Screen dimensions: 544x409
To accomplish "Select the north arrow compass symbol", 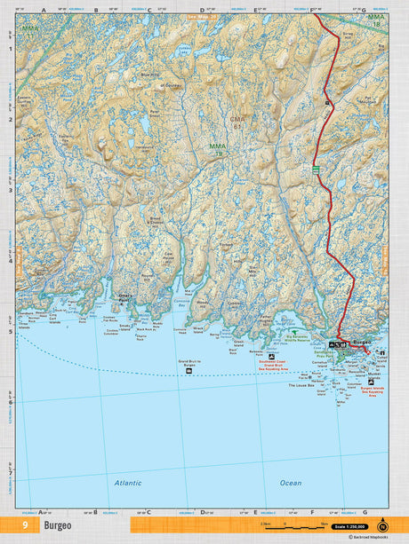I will click(x=383, y=524).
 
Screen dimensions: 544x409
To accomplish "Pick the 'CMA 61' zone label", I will click(x=237, y=122).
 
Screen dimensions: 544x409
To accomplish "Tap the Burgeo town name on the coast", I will click(x=360, y=342).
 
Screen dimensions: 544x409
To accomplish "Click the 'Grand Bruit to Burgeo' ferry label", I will click(x=191, y=362).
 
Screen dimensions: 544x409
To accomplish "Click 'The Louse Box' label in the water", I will click(x=302, y=386).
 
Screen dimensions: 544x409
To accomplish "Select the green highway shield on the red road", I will click(x=315, y=169).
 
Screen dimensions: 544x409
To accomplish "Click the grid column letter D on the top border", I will click(x=202, y=11).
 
